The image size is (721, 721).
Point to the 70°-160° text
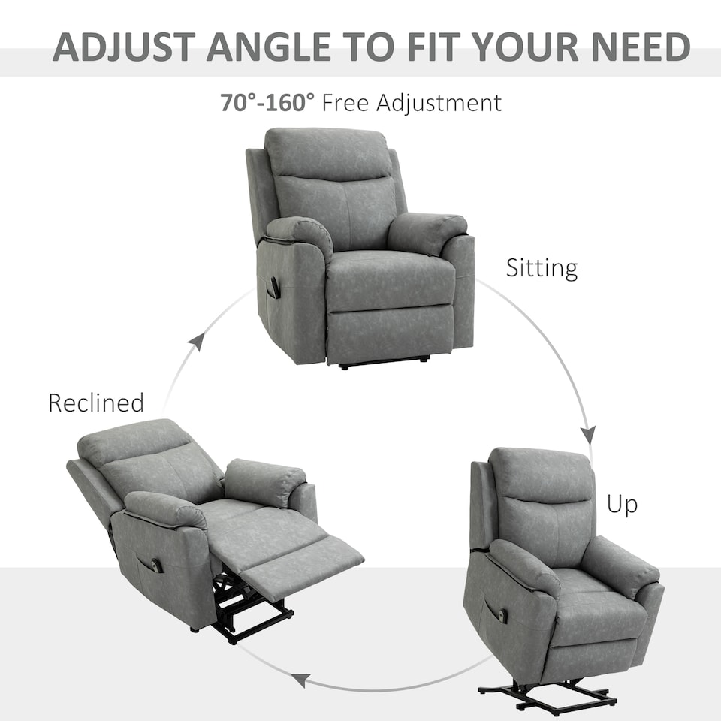(267, 102)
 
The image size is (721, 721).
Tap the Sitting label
(542, 268)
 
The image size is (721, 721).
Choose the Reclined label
(95, 403)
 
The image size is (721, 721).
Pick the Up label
(622, 505)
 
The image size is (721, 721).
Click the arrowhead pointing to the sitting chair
(197, 342)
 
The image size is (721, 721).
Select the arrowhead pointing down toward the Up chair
(588, 434)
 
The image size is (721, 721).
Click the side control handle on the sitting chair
(275, 288)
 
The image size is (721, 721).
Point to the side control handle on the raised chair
(502, 616)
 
